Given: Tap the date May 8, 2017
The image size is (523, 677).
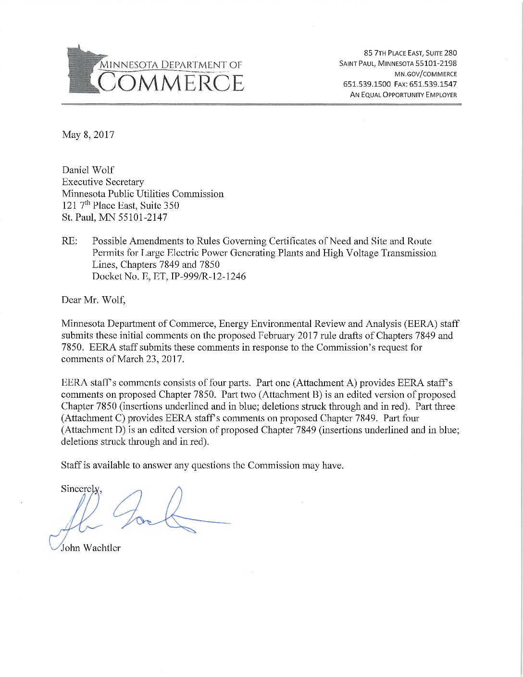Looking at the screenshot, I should tap(88, 135).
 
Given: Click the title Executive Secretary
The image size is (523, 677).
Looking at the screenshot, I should tap(103, 182).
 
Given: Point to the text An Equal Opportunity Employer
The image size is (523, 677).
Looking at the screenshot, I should tap(403, 95).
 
